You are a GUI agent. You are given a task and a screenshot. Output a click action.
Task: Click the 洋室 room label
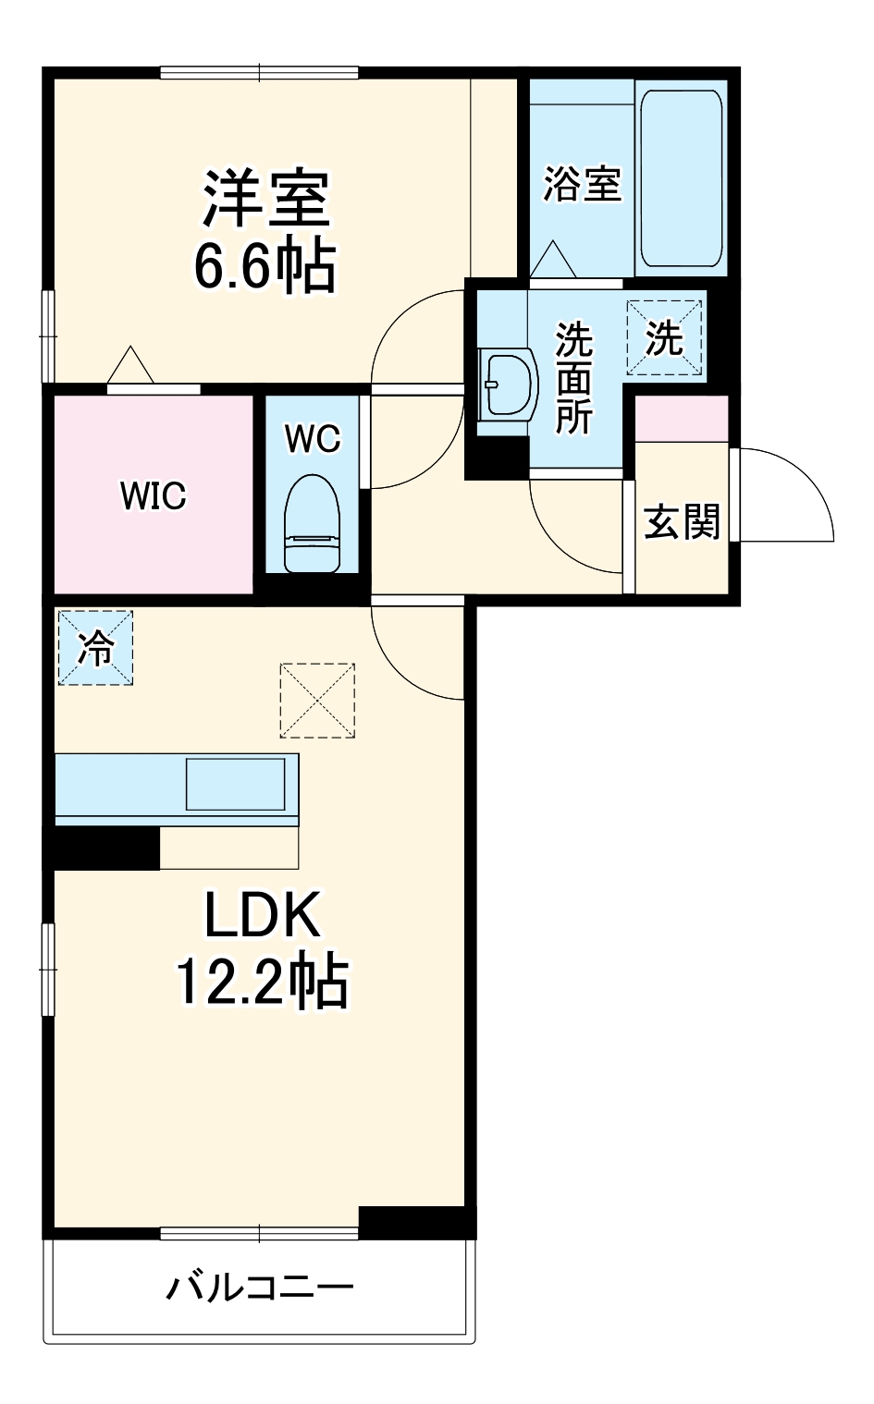coord(266,198)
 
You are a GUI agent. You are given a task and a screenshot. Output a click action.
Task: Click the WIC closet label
coord(153,496)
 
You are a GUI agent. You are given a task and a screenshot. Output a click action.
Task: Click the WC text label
coord(313,439)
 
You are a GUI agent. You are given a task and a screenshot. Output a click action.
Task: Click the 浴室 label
coord(582,183)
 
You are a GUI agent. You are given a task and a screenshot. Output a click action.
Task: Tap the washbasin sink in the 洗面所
coord(507,383)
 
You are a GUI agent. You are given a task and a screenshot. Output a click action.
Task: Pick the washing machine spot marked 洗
coord(664,338)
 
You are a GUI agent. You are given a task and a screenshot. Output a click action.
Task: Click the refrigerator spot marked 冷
coord(95,648)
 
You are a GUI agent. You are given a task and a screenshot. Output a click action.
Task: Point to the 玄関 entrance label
coord(682,521)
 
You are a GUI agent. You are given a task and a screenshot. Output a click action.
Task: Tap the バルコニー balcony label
coord(260,1288)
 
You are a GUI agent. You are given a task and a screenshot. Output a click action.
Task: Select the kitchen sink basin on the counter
coord(235,785)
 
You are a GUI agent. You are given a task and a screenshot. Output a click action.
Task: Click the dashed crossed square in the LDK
coord(317,701)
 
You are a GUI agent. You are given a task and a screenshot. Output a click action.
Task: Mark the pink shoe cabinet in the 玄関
coord(682,419)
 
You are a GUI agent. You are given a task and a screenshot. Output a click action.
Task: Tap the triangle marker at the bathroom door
coord(553,259)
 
